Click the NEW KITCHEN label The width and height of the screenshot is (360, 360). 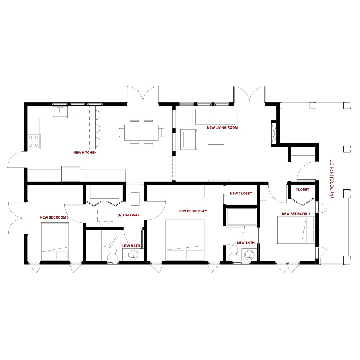85,153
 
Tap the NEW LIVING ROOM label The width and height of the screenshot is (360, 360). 222,128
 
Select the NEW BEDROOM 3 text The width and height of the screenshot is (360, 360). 54,217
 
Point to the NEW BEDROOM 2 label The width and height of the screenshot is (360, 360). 192,211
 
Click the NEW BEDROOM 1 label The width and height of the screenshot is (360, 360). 296,214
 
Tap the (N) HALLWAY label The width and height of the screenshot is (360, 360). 129,215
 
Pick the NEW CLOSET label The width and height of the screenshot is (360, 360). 241,194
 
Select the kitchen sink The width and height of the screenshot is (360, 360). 59,112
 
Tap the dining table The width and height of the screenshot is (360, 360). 141,132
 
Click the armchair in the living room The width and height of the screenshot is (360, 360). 188,139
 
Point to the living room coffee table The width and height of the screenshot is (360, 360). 216,138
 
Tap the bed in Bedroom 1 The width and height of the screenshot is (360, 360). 296,230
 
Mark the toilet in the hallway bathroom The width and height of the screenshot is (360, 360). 113,252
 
